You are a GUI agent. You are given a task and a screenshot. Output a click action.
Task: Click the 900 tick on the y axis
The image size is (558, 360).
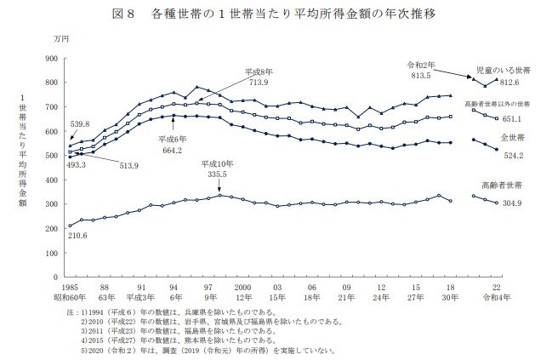[49, 59]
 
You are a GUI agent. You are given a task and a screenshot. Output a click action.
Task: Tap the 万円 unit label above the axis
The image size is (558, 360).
[60, 40]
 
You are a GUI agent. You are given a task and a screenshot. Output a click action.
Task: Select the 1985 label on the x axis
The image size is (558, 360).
[70, 289]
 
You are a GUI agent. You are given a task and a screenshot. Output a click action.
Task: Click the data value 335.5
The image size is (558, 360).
[216, 172]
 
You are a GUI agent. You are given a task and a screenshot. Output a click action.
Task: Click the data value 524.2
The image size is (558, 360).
[511, 155]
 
